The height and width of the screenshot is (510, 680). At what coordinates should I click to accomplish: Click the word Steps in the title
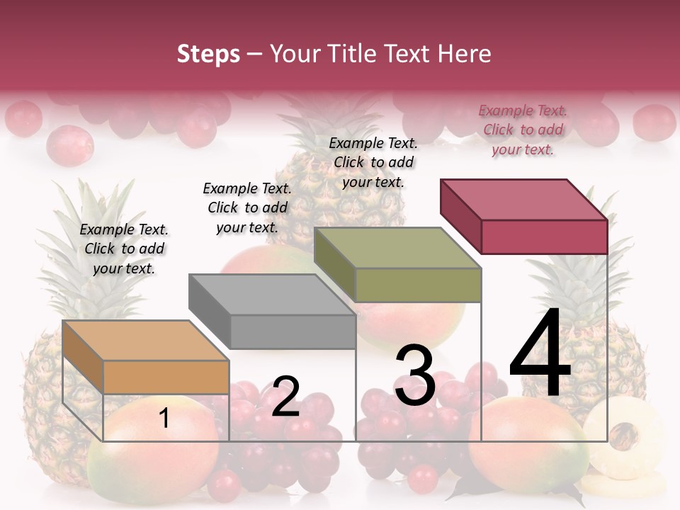208,54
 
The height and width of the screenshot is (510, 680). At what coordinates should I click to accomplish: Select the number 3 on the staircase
415,375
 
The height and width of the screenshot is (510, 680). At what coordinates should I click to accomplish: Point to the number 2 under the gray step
285,397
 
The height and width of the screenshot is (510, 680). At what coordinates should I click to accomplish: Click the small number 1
164,419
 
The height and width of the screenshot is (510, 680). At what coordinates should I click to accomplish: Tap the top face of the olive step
397,248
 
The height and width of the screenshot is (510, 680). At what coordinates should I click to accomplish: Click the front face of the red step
544,237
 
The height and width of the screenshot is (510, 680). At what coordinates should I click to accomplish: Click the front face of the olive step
418,285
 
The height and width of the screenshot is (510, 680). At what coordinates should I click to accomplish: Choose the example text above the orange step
124,249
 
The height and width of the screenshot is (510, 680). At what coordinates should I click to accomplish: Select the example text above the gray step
247,208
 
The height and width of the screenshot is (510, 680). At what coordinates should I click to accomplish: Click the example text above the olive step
373,162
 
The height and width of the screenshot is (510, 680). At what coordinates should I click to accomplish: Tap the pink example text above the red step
523,130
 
